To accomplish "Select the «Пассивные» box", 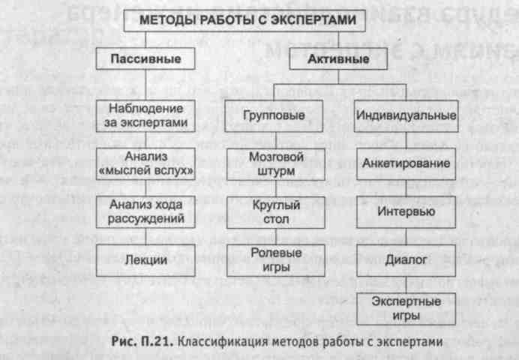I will click(142, 58).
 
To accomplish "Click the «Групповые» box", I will click(274, 117).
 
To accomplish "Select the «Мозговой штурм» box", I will click(274, 164).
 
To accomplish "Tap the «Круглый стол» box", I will click(274, 211).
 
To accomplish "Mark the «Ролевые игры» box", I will click(274, 259).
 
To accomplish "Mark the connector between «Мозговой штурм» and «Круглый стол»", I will click(274, 187).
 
